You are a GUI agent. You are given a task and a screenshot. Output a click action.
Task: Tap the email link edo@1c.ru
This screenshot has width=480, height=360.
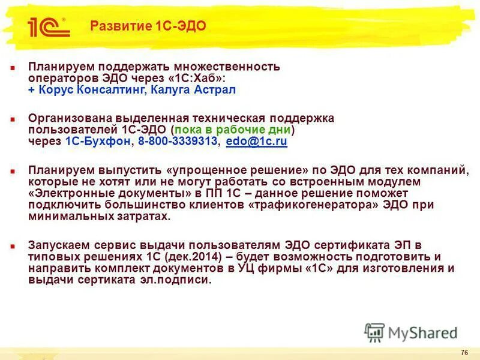(x=256, y=142)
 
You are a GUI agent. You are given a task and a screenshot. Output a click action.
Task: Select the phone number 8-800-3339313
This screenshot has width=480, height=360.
(x=178, y=142)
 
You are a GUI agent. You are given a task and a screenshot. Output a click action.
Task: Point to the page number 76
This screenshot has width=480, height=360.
(x=464, y=352)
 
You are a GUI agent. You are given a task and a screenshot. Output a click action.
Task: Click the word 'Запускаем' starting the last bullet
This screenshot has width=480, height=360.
(x=57, y=245)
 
